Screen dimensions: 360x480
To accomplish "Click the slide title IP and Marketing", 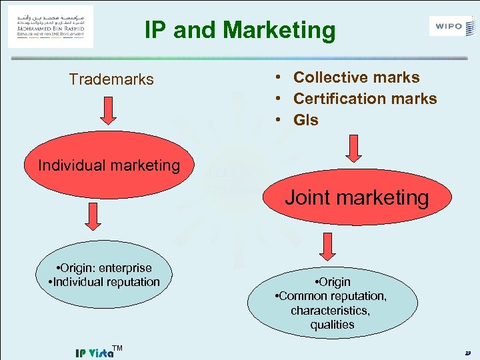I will pyautogui.click(x=240, y=30).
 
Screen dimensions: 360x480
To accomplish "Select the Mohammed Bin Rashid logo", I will pyautogui.click(x=51, y=27).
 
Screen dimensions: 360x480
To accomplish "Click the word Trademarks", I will pyautogui.click(x=111, y=79).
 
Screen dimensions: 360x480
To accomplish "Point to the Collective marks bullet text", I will pyautogui.click(x=356, y=77).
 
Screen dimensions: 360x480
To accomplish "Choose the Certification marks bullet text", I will pyautogui.click(x=365, y=99).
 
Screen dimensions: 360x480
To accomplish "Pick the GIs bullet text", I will pyautogui.click(x=306, y=120).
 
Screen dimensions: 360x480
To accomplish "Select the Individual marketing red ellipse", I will pyautogui.click(x=109, y=165).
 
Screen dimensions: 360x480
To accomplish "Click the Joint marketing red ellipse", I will pyautogui.click(x=357, y=197).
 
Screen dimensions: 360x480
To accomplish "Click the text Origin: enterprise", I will pyautogui.click(x=105, y=268).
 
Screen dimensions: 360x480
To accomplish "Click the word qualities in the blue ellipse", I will pyautogui.click(x=332, y=325).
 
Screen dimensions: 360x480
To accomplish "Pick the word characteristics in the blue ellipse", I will pyautogui.click(x=331, y=310).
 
